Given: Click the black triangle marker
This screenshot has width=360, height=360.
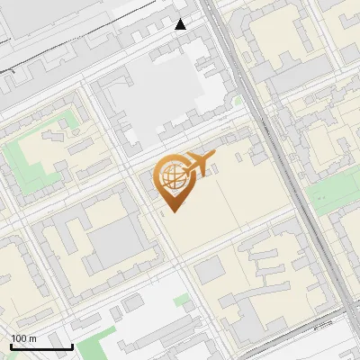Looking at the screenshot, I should click(x=181, y=24).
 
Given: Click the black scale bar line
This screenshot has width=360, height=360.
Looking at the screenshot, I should click(x=41, y=346).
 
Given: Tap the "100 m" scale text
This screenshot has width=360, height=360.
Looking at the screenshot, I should click(x=23, y=338).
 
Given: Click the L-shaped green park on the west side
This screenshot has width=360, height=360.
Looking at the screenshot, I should click(x=25, y=166).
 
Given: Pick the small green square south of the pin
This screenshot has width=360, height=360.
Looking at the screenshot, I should click(x=182, y=300).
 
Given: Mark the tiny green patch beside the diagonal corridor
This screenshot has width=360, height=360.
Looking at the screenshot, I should click(x=238, y=101).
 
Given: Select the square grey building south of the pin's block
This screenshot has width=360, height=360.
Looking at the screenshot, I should click(x=209, y=271).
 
